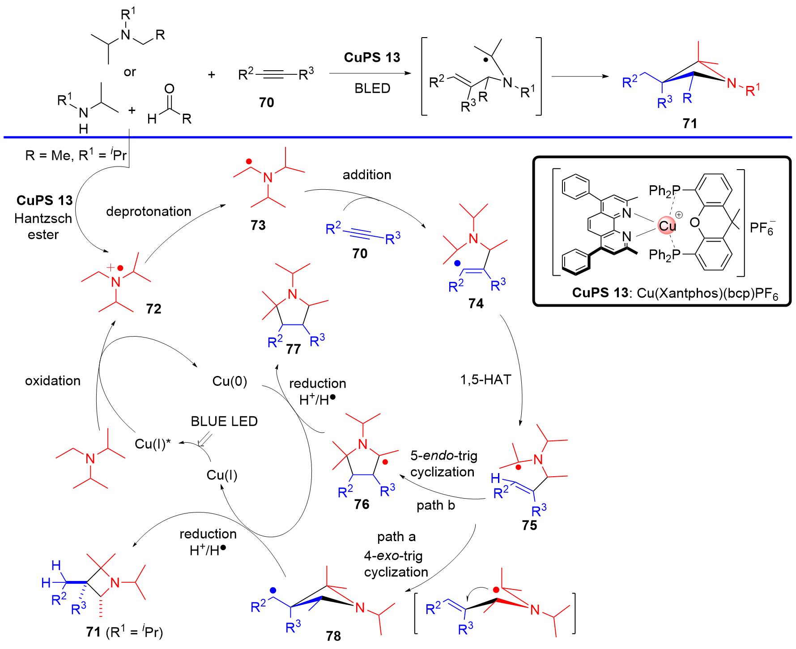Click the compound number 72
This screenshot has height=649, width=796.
(x=153, y=309)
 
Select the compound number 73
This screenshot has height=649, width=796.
(x=258, y=225)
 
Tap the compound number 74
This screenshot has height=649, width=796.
(x=476, y=303)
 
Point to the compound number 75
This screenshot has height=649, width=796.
(x=529, y=525)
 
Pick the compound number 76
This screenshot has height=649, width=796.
(x=362, y=504)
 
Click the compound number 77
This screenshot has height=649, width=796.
(x=294, y=349)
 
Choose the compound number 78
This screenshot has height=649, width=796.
(x=333, y=636)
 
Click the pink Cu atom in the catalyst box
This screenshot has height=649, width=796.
(x=667, y=226)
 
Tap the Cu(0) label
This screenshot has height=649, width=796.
(x=230, y=381)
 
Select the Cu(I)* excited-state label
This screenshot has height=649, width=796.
(x=153, y=444)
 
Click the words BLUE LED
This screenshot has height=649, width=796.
(x=224, y=422)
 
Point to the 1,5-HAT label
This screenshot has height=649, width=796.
(x=485, y=380)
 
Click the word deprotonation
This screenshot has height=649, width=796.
(x=149, y=211)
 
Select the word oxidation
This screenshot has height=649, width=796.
(x=53, y=381)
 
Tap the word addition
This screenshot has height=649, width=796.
(x=367, y=175)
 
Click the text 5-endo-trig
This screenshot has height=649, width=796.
(x=444, y=456)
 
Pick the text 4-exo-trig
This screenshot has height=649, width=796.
(x=393, y=556)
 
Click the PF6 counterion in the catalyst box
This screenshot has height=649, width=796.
(x=762, y=228)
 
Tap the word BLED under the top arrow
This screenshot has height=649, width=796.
(x=372, y=88)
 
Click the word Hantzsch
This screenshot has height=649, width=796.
(x=43, y=218)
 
